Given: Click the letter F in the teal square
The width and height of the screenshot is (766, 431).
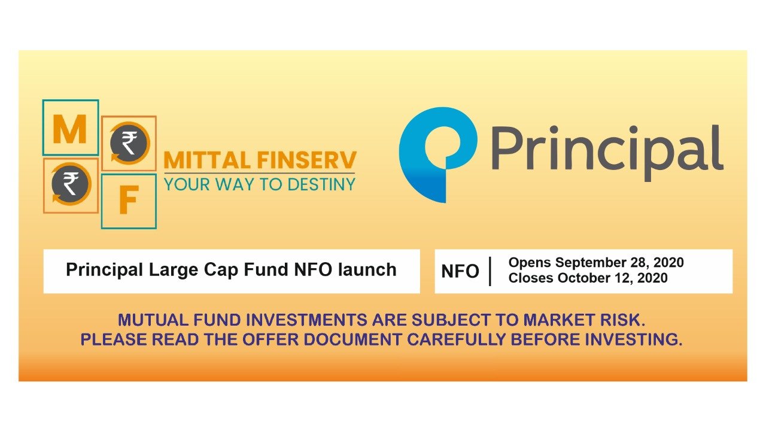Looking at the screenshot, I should point(128,202).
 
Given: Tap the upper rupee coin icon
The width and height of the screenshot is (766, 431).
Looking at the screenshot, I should point(129,143).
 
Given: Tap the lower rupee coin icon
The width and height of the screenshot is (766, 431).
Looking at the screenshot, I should point(71,185).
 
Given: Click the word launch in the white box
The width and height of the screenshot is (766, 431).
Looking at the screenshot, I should point(368,269).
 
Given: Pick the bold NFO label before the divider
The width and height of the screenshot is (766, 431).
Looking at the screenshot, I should point(460,272).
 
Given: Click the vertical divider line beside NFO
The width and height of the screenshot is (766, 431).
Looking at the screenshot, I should point(490,271).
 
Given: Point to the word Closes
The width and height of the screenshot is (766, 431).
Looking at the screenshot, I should point(531,278).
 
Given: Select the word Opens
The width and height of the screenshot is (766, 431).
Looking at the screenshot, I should point(529,263).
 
